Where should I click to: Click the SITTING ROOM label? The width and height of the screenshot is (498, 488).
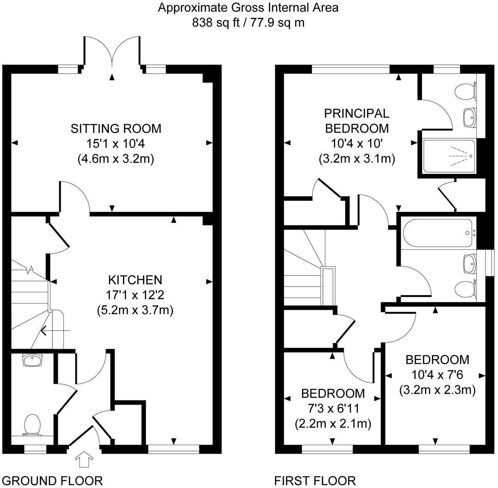(116, 128)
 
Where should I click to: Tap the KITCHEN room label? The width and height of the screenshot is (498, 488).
(135, 280)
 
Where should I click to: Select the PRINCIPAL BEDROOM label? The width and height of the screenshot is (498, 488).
(356, 120)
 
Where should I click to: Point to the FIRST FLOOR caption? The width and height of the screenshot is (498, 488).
(315, 481)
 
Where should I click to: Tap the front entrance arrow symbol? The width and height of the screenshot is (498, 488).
(84, 461)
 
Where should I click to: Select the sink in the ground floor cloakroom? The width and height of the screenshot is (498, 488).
(33, 360)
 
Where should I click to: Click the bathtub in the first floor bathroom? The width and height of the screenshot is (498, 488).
(438, 233)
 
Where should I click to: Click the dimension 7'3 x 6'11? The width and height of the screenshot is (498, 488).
(333, 408)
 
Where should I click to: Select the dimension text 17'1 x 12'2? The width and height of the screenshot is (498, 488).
(135, 295)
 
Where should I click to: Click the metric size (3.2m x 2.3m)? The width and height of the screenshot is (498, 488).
(437, 390)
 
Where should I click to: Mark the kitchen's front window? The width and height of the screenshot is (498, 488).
(174, 449)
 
